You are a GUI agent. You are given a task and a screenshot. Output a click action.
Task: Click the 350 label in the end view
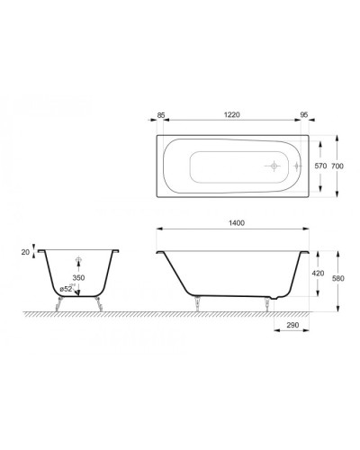click(79, 280)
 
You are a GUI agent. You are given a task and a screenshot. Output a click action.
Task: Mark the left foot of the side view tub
click(197, 302)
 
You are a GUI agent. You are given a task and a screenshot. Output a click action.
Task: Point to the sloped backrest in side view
click(171, 270)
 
